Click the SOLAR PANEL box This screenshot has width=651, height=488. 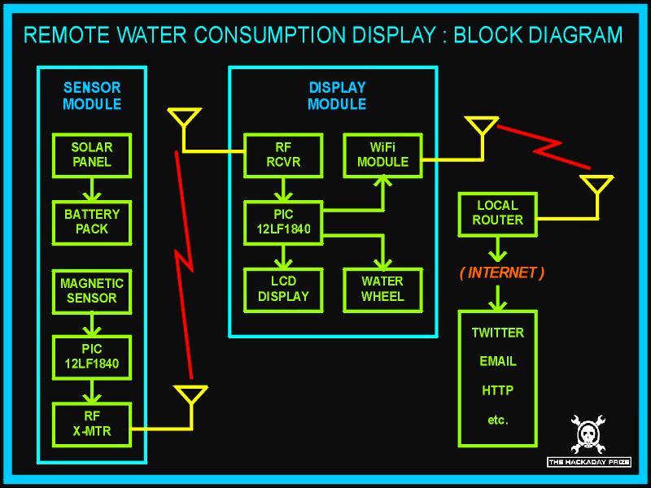(x=92, y=155)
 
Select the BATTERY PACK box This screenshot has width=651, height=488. (x=92, y=221)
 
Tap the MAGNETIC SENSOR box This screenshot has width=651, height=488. (x=92, y=290)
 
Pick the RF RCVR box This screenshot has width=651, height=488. (x=283, y=155)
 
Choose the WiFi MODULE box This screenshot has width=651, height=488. (x=382, y=155)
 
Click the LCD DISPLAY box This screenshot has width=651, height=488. (x=283, y=289)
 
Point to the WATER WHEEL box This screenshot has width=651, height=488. (x=382, y=289)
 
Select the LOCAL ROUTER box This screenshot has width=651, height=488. (x=497, y=212)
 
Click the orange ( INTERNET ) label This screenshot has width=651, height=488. (x=501, y=272)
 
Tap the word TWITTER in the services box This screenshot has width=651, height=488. (x=498, y=333)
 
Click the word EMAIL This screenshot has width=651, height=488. (x=498, y=361)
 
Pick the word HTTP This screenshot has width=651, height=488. (x=498, y=390)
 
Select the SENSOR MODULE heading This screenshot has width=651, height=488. (x=92, y=96)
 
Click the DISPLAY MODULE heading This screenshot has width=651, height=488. (x=337, y=96)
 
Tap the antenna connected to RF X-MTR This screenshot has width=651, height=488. (x=191, y=396)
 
